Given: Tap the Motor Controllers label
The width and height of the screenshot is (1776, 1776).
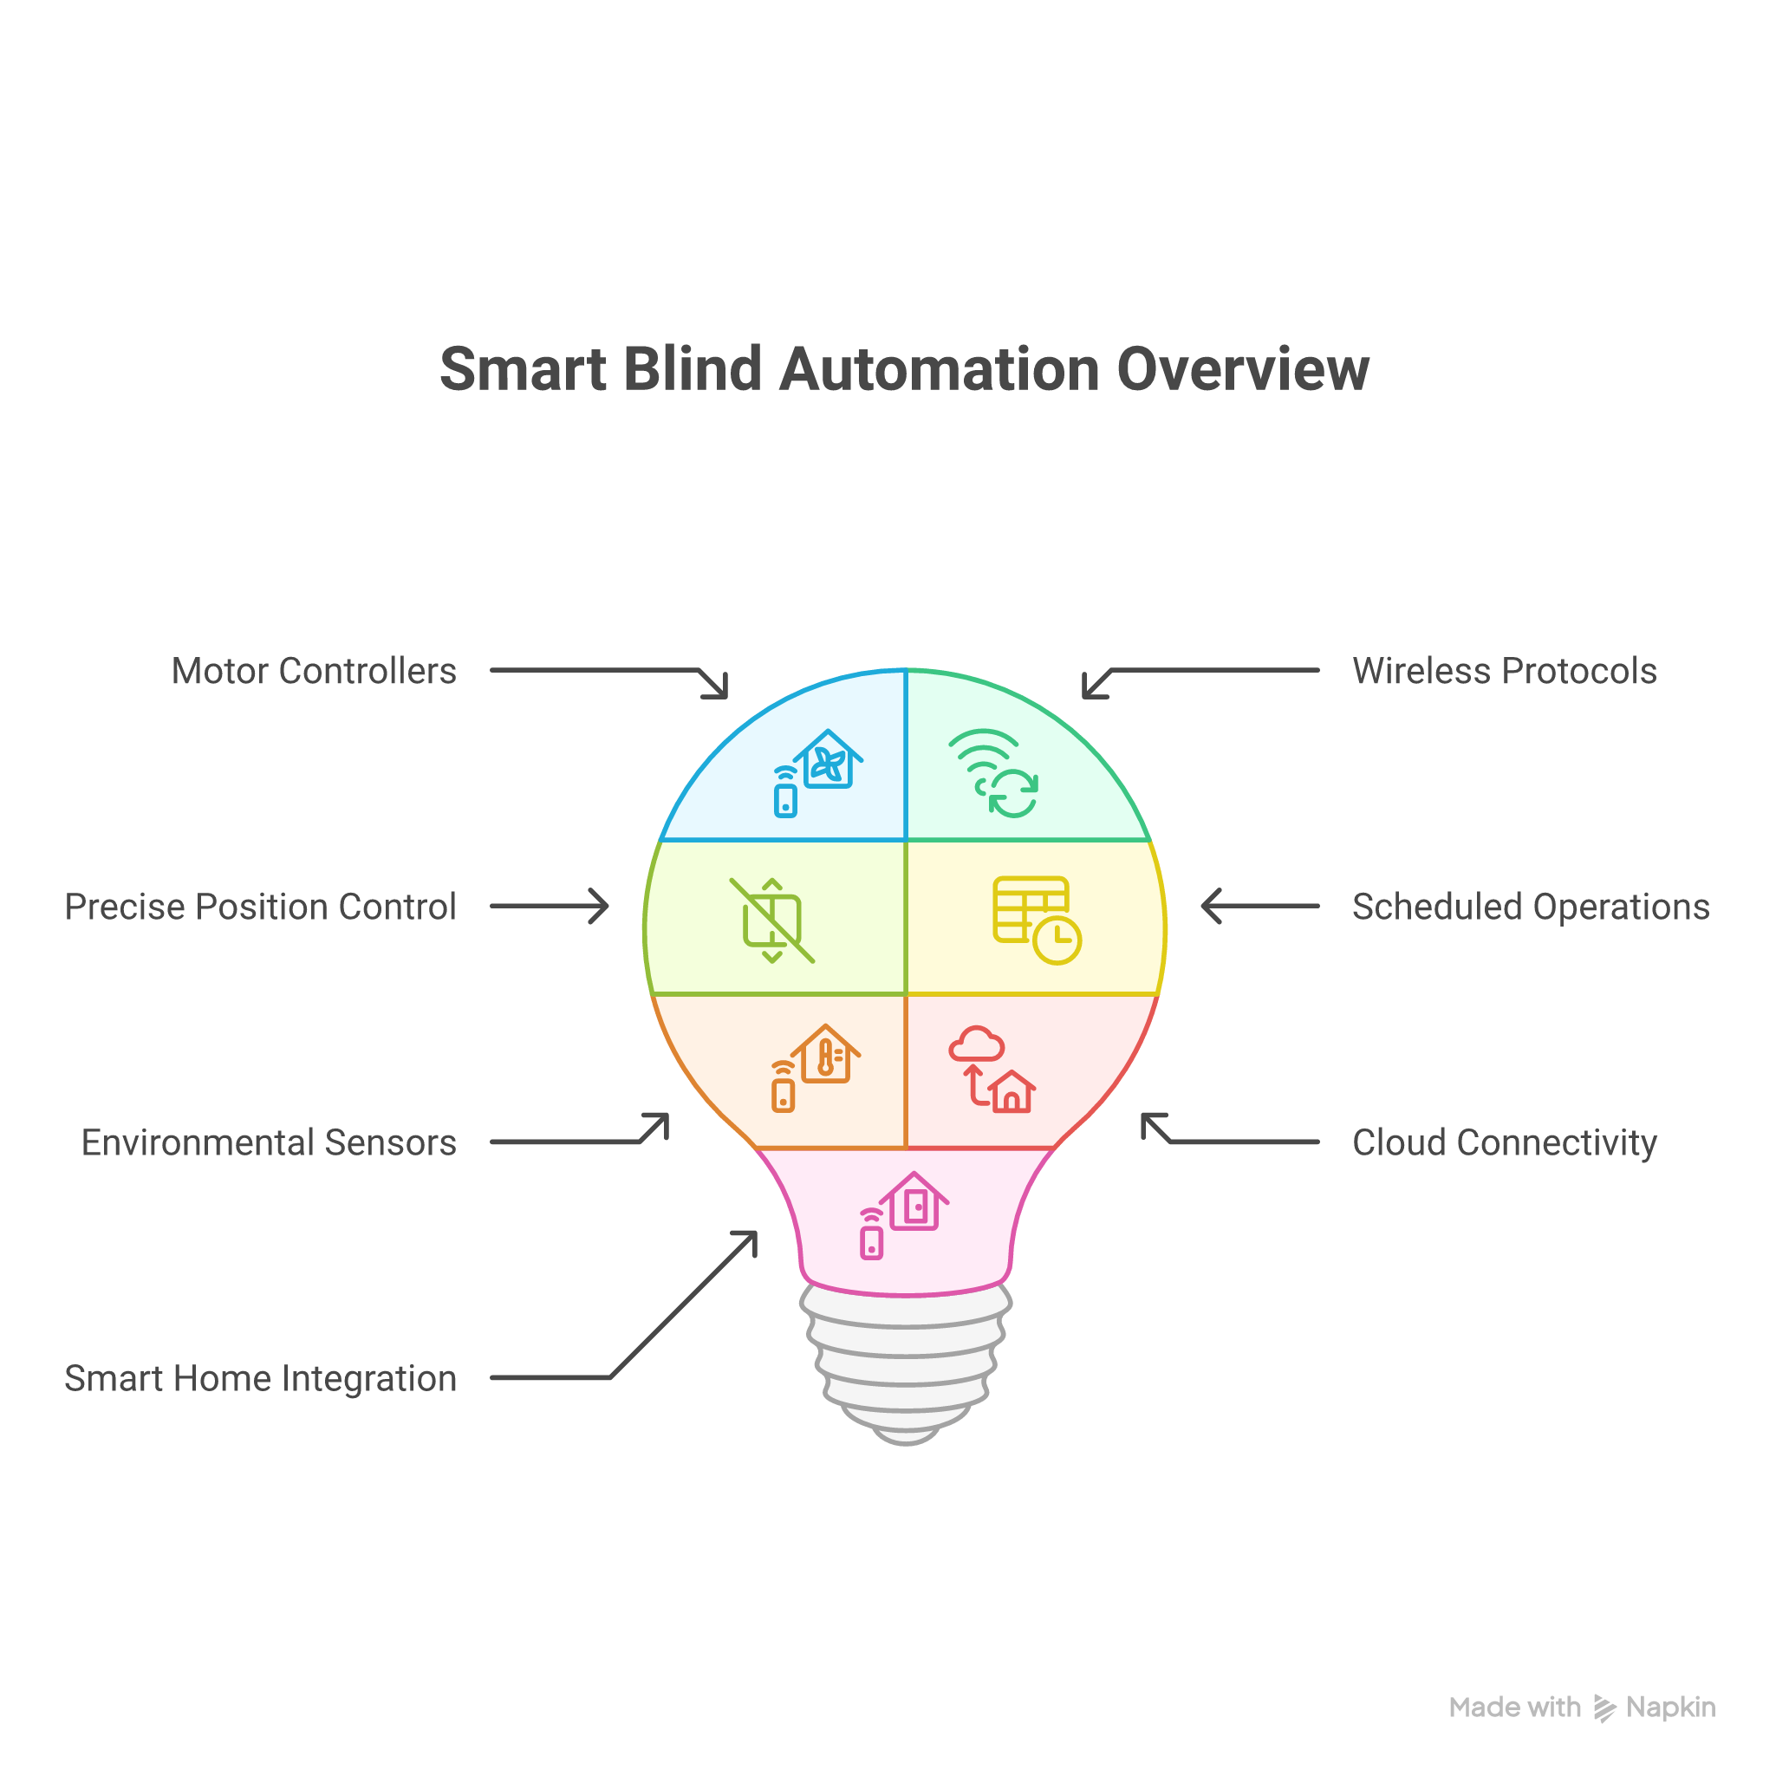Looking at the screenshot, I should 314,671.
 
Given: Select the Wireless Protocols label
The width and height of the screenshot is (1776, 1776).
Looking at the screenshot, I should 1504,671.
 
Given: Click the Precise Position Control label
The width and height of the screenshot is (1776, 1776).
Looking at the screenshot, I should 260,907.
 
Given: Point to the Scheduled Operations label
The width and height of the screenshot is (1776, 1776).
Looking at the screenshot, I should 1531,907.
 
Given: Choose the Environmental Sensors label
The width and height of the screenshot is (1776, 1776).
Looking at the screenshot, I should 269,1142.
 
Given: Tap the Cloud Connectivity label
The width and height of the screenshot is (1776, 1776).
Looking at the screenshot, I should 1504,1142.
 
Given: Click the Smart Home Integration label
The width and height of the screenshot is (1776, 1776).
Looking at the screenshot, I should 260,1378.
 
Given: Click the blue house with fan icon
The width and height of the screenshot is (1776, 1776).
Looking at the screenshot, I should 817,772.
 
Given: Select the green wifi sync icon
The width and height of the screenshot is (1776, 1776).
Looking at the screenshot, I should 995,774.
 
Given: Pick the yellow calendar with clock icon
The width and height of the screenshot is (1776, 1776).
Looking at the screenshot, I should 1037,920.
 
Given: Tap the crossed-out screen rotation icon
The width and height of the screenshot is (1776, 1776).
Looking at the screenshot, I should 772,921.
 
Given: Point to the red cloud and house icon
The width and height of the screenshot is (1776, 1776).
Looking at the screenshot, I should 992,1069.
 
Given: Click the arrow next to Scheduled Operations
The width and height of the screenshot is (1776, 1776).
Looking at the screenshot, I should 1259,907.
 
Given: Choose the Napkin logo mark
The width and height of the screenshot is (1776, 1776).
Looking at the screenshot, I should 1604,1709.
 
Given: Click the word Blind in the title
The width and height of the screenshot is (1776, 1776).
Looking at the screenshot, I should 693,369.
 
